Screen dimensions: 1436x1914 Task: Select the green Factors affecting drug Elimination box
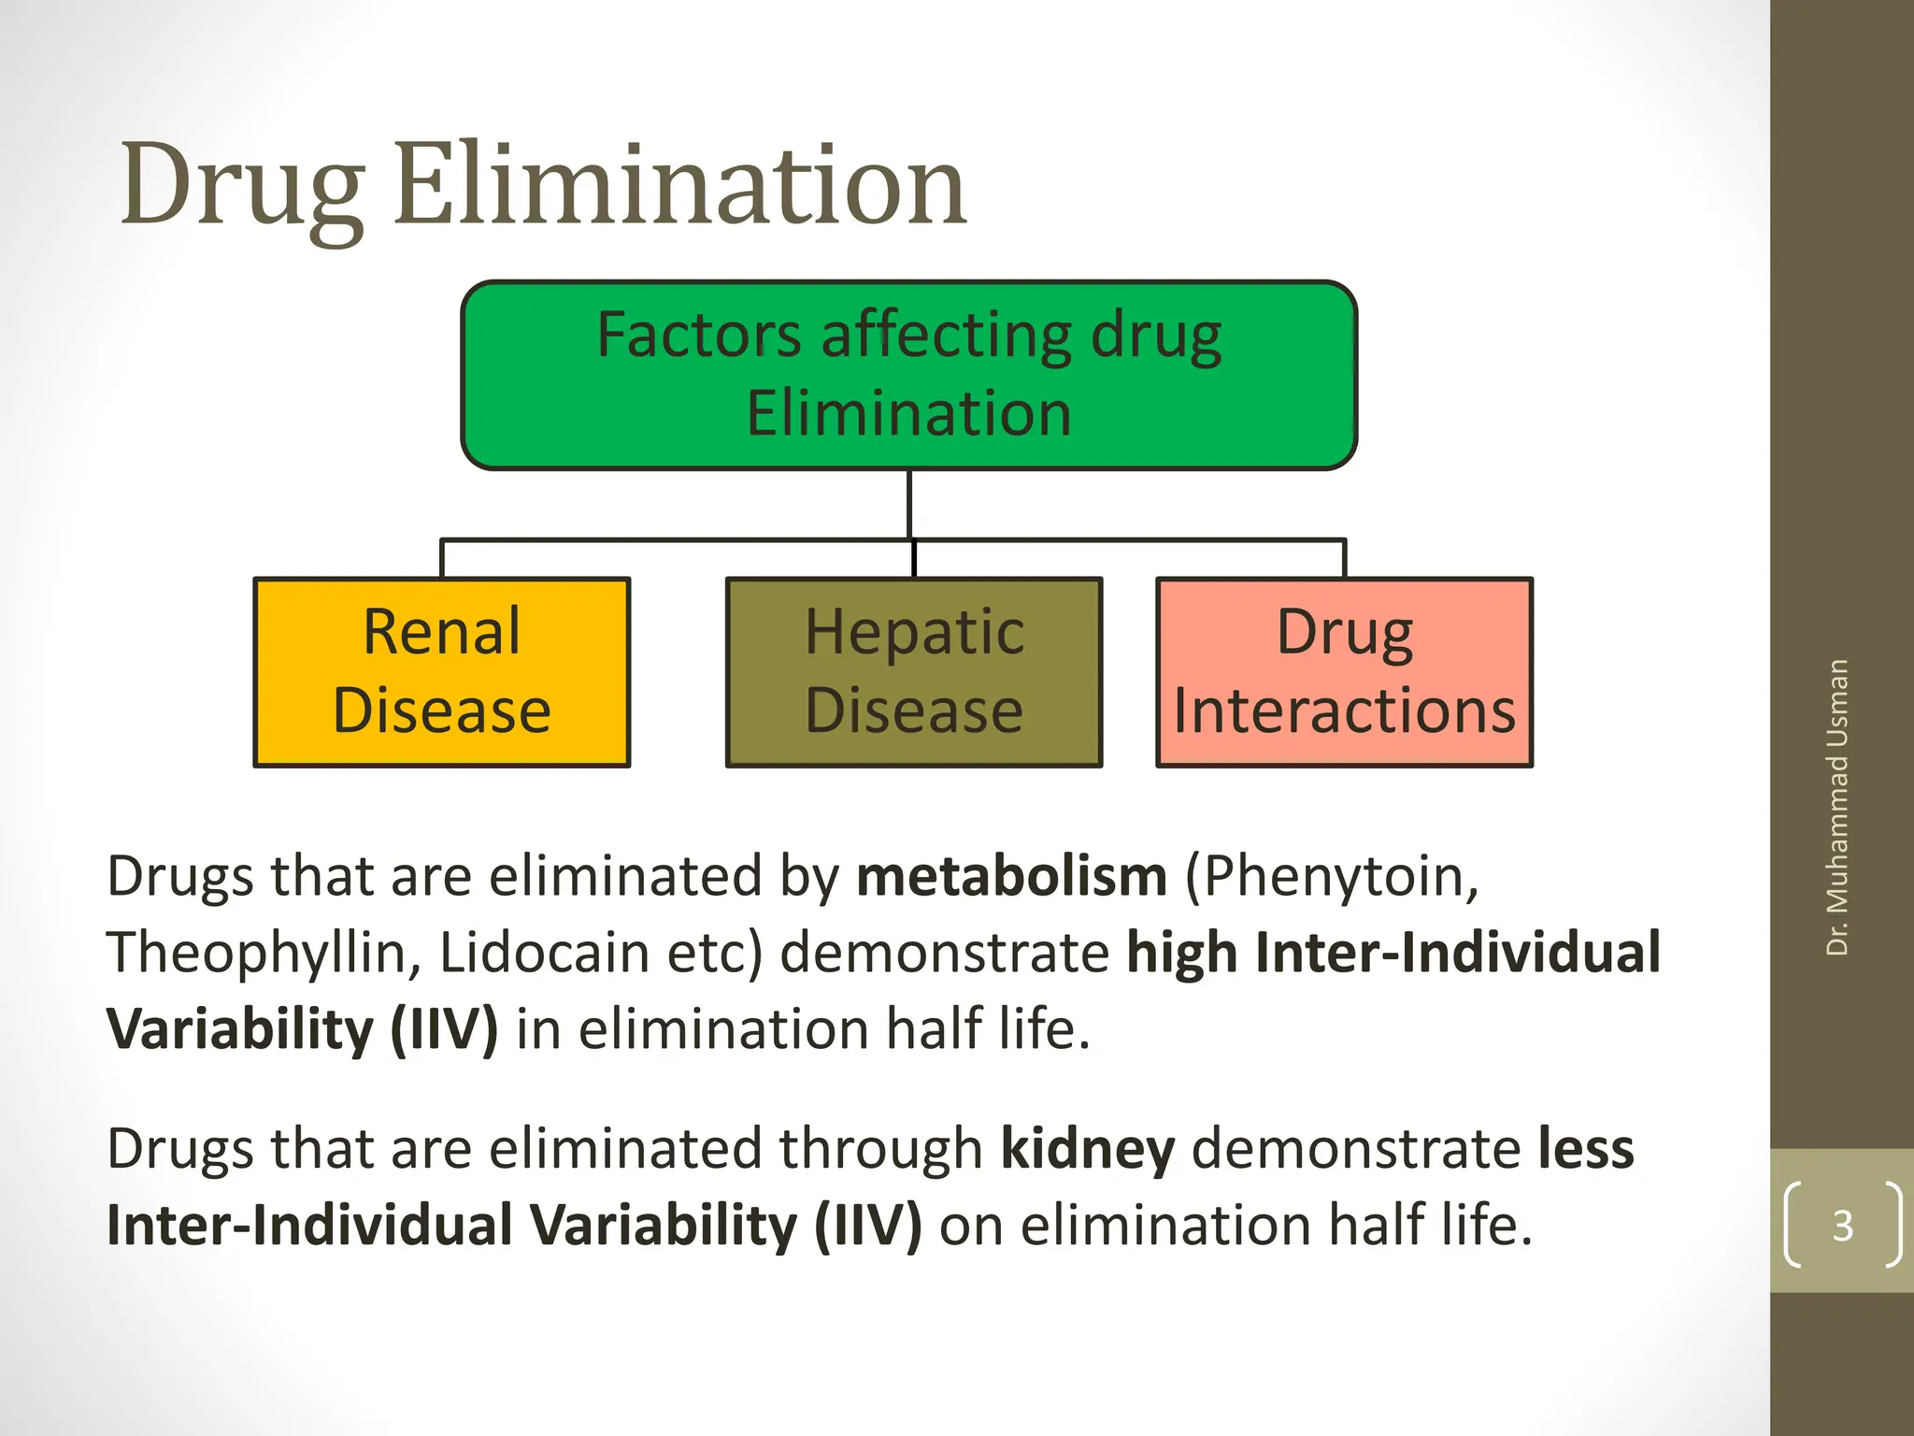tap(908, 374)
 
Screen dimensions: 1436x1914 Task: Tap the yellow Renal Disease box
tap(441, 672)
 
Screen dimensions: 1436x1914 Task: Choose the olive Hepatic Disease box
tap(914, 672)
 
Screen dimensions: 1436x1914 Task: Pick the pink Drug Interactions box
tap(1344, 672)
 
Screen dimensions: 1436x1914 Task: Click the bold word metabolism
tap(1011, 877)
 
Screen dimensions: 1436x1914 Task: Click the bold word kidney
tap(1087, 1150)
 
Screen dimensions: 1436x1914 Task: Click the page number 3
tap(1842, 1225)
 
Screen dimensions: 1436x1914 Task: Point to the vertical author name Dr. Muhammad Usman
tap(1837, 807)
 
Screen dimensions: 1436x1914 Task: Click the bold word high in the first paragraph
tap(1182, 954)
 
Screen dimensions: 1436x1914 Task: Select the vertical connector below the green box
tap(909, 505)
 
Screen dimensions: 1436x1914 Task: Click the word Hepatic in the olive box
tap(914, 633)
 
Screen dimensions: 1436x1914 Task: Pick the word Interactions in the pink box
tap(1344, 711)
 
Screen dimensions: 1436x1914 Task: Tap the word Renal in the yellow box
tap(441, 633)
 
